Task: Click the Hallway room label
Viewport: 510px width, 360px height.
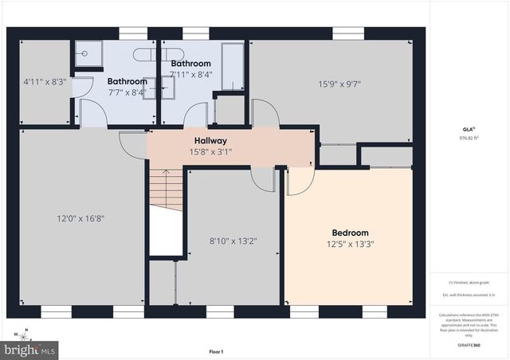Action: tap(210, 141)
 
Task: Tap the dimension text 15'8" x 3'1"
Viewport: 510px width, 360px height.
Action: tap(210, 151)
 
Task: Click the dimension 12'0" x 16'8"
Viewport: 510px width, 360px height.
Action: tap(82, 218)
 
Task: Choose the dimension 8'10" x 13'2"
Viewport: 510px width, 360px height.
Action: tap(233, 240)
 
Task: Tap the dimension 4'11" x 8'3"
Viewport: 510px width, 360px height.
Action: tap(45, 81)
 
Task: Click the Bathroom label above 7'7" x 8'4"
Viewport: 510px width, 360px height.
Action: tap(127, 81)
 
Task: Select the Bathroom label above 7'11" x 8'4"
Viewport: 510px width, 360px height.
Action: tap(190, 64)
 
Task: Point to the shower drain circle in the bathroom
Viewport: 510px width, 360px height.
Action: tap(84, 54)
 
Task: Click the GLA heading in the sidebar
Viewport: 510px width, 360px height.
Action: tap(469, 129)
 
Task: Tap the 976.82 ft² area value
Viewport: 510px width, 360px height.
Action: tap(469, 138)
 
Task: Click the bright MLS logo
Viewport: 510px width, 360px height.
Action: tap(30, 349)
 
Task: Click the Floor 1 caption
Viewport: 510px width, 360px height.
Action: tap(216, 351)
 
